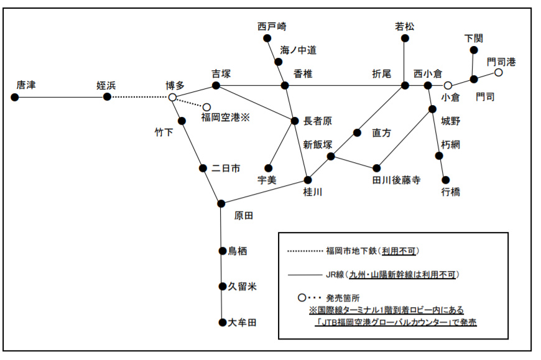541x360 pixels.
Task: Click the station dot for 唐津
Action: [x=14, y=97]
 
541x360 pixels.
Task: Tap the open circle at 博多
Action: [x=172, y=97]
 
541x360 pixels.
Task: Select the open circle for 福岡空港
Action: [x=206, y=107]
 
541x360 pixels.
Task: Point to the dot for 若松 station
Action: [x=405, y=39]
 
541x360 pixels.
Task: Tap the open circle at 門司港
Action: [x=498, y=73]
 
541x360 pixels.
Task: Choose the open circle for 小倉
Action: [x=447, y=85]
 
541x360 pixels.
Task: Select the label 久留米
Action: [x=242, y=287]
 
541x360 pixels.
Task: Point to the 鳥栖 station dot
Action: [x=222, y=251]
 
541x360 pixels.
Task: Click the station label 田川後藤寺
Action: [x=396, y=180]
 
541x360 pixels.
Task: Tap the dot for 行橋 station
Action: [x=445, y=180]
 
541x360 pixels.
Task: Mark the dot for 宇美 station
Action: [x=269, y=168]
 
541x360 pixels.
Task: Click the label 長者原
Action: [x=317, y=121]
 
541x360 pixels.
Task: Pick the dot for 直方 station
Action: [x=357, y=132]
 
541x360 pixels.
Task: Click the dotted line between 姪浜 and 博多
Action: [x=140, y=97]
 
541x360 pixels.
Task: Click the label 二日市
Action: [x=225, y=168]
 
